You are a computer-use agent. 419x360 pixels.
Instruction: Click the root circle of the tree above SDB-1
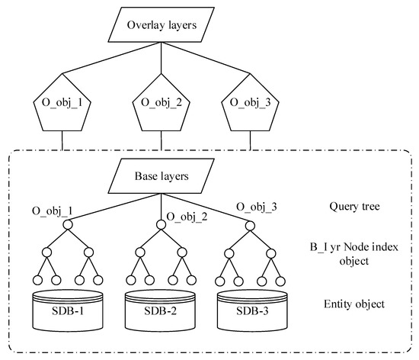coord(66,224)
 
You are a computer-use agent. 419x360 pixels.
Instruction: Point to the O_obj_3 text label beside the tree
coord(257,207)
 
